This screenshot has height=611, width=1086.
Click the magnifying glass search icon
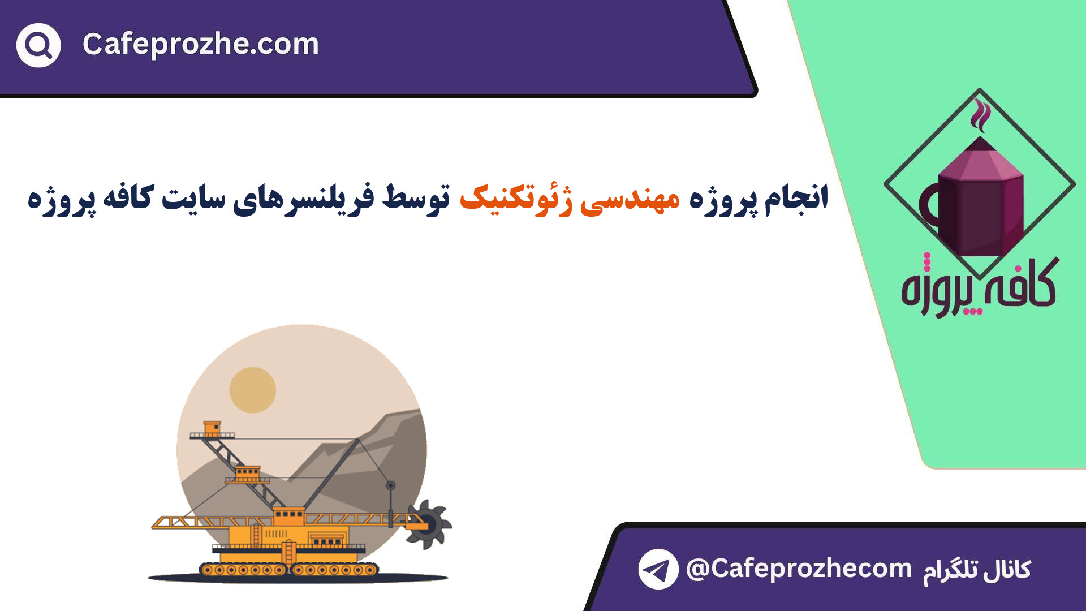pyautogui.click(x=38, y=45)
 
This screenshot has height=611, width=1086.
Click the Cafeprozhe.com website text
pyautogui.click(x=201, y=44)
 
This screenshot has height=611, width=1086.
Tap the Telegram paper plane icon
pyautogui.click(x=658, y=569)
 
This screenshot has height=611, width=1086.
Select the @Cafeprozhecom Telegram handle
pyautogui.click(x=799, y=569)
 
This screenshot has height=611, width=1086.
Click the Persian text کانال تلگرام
pyautogui.click(x=977, y=570)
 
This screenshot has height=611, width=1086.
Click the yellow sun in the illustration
pyautogui.click(x=253, y=390)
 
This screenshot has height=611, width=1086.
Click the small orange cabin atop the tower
pyautogui.click(x=212, y=428)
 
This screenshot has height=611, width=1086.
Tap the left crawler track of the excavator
pyautogui.click(x=243, y=570)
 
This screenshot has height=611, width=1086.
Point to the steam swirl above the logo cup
pyautogui.click(x=980, y=114)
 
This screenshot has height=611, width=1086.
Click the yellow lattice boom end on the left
pyautogui.click(x=170, y=522)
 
